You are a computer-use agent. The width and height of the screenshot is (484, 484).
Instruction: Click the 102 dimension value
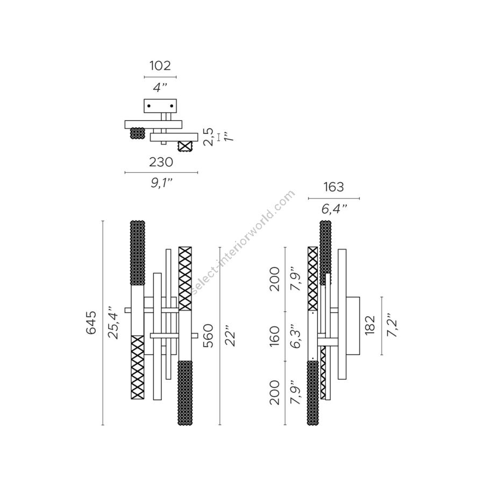point(160,66)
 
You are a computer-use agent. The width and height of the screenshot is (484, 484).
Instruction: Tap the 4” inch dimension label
point(160,88)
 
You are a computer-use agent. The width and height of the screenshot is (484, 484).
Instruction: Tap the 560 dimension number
point(209,336)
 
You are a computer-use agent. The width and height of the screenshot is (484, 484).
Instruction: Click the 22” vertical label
point(231,336)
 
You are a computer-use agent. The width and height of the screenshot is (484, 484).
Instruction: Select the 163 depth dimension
point(334,187)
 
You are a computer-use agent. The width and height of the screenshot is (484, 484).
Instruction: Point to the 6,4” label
point(334,209)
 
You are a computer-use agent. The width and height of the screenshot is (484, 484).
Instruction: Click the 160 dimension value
point(275,336)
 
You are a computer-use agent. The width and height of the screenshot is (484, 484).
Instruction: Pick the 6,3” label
point(296,336)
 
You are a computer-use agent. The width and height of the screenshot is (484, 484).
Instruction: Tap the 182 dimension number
point(370,325)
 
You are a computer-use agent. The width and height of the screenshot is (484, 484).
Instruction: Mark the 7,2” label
point(391,325)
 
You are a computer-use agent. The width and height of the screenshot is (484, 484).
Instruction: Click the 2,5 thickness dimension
point(209,137)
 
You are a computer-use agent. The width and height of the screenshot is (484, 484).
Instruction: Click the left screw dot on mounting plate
point(149,106)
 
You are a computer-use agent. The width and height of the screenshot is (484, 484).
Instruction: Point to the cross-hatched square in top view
point(186,145)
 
